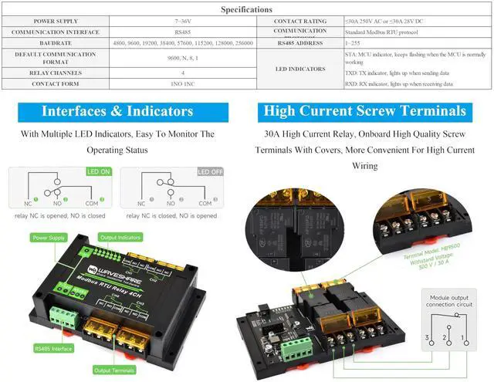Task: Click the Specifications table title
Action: coord(246,10)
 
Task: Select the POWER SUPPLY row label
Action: coord(54,22)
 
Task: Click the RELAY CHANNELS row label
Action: coord(54,72)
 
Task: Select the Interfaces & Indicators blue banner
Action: coord(118,111)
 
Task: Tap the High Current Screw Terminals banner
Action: coord(364,111)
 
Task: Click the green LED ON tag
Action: coord(99,172)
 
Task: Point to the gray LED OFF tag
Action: coord(211,172)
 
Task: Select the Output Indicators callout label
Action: coord(120,237)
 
